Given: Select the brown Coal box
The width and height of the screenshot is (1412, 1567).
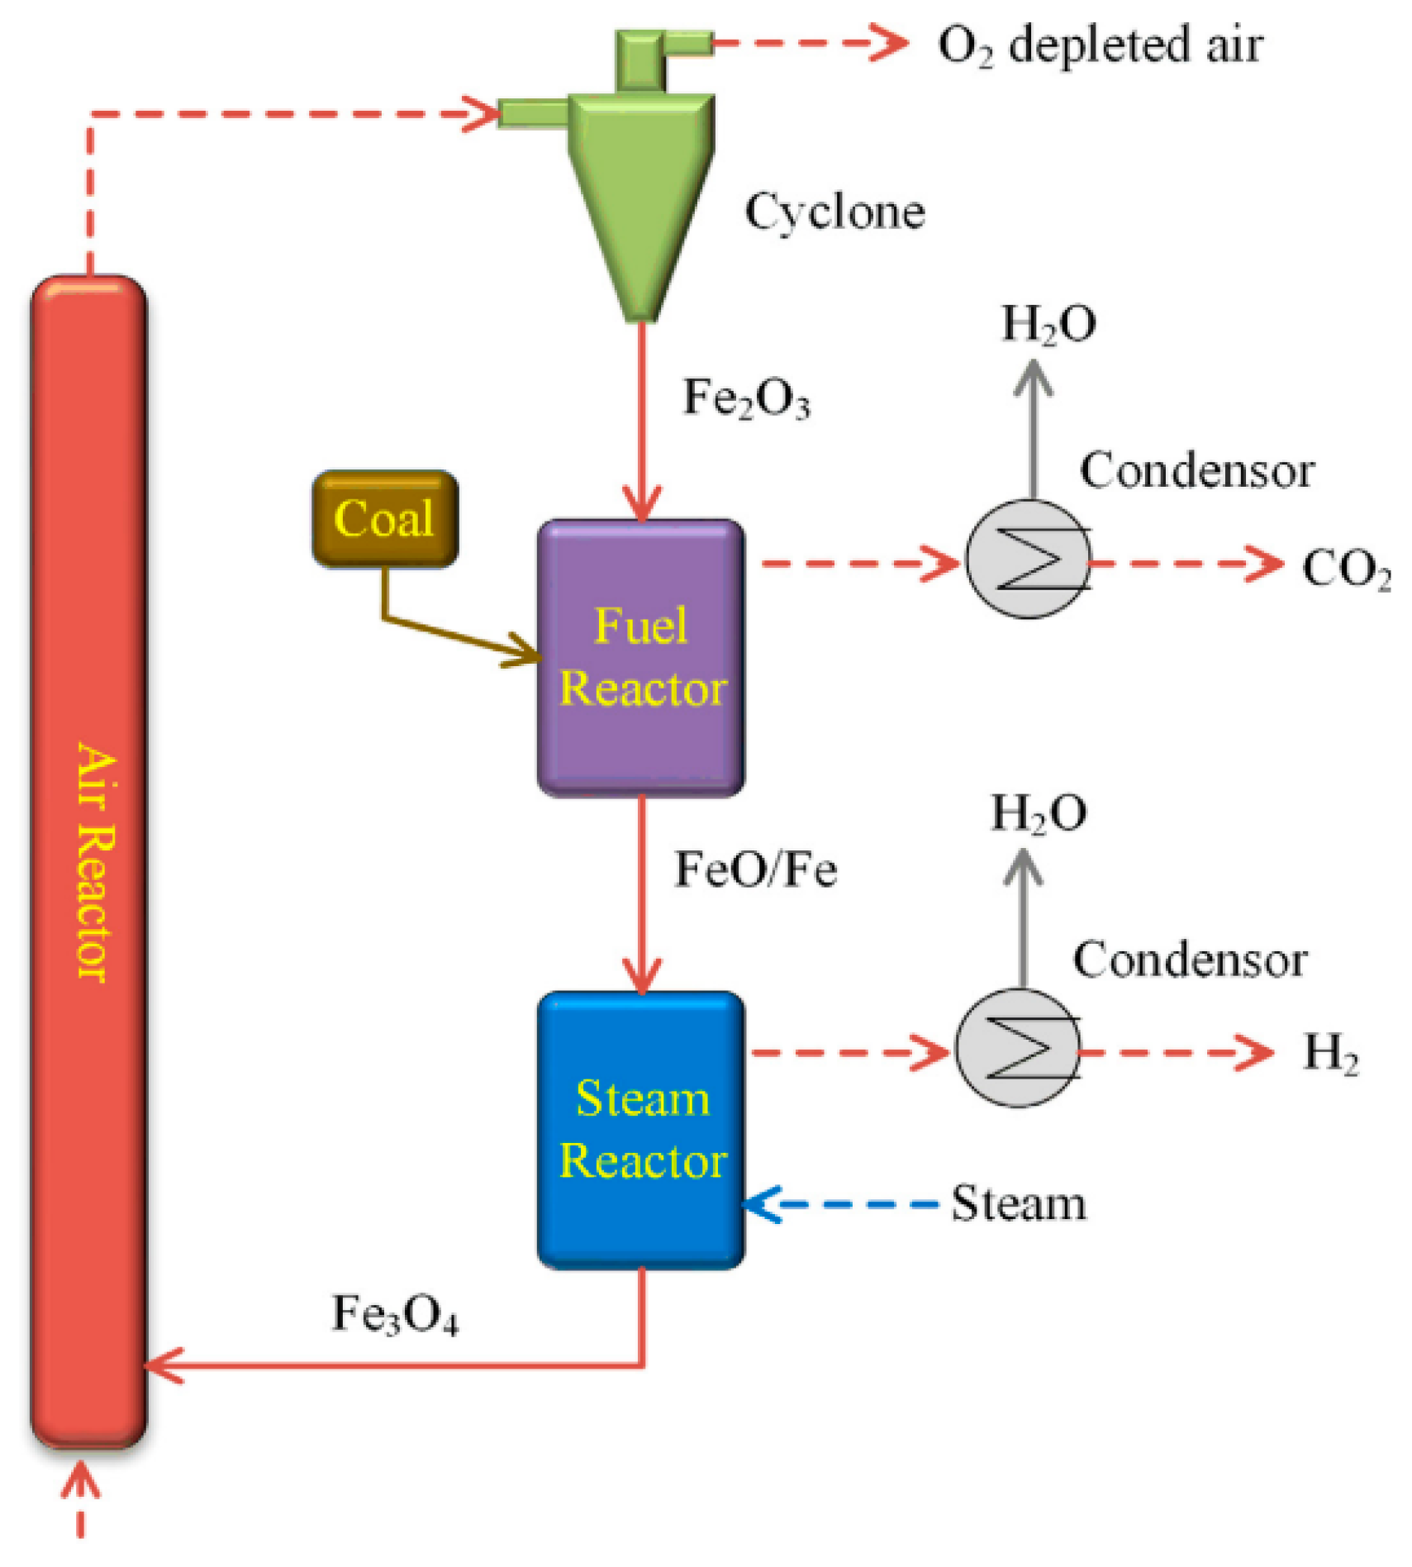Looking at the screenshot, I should coord(384,518).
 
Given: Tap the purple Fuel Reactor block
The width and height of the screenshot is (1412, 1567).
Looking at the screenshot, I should coord(640,657).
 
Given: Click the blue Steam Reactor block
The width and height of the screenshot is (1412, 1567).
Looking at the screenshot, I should coord(640,1128).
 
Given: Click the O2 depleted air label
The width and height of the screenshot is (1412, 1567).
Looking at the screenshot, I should coord(1099,45).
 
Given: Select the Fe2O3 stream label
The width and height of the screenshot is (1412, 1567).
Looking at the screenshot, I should coord(745,398).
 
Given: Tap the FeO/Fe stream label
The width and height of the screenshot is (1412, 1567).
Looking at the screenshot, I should coord(755,869).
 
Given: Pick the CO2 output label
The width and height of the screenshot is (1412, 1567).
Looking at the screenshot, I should coord(1345,569).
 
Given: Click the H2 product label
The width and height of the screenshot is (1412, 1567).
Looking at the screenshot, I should coord(1330,1053).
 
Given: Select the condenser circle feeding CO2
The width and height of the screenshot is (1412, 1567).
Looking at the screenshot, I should coord(1028,560).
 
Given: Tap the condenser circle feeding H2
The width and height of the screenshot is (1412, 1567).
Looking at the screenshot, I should coord(1018,1048).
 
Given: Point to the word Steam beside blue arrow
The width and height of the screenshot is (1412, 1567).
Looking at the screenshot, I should coord(1018,1204).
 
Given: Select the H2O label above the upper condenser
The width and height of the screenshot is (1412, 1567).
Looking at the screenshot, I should coord(1048,324).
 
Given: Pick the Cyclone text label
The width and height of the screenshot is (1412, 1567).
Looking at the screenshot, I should coord(834,212).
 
